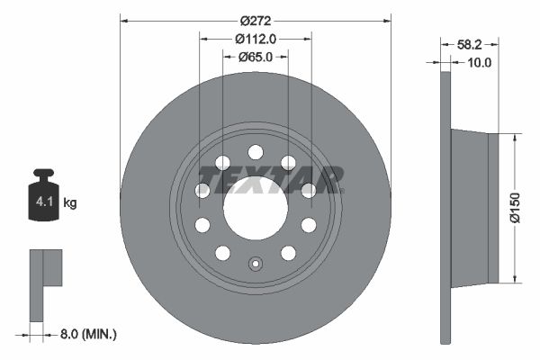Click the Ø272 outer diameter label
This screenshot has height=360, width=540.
pos(256,19)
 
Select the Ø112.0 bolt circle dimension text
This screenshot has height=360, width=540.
pos(255,39)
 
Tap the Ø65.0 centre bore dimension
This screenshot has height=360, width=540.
pos(256,57)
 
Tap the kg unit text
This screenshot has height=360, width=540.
pos(70,203)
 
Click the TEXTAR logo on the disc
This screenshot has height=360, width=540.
pos(270,180)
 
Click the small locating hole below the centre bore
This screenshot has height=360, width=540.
pos(256,265)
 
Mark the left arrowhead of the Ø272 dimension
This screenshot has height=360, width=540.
pos(124,19)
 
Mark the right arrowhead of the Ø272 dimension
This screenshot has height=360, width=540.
pos(387,19)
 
